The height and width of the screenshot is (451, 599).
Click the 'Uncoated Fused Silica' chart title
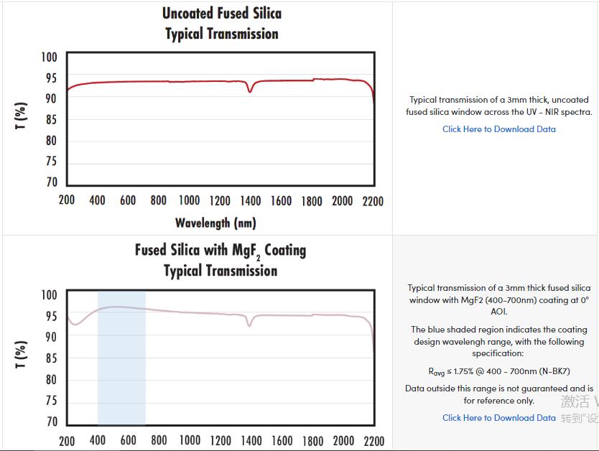[221, 14]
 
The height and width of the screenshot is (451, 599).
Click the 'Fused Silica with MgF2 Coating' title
[220, 251]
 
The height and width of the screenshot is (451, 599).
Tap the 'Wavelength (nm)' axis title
[215, 223]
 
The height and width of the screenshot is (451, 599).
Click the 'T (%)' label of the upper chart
[22, 116]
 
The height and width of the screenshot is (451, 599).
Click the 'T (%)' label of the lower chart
[22, 354]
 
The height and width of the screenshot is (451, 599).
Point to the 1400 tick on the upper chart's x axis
[251, 200]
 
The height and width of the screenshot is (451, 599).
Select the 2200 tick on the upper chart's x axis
[373, 200]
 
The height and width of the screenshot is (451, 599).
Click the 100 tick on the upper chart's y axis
[49, 57]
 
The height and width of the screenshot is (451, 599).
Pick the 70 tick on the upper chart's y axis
[51, 182]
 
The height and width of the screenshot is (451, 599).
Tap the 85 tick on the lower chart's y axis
[51, 358]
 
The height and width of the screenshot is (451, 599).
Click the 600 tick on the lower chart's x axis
[129, 440]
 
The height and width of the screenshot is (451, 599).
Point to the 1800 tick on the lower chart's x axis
[312, 440]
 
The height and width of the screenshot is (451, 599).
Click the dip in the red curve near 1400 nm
[250, 91]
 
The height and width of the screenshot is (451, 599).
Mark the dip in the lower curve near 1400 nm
[250, 325]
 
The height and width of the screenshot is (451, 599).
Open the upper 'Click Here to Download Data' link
[498, 129]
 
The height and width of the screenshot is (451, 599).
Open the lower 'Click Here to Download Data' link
[498, 418]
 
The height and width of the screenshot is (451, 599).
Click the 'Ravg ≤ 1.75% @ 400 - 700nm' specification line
[498, 371]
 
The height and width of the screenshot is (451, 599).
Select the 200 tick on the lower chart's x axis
[67, 440]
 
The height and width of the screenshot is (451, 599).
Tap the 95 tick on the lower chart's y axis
[51, 316]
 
